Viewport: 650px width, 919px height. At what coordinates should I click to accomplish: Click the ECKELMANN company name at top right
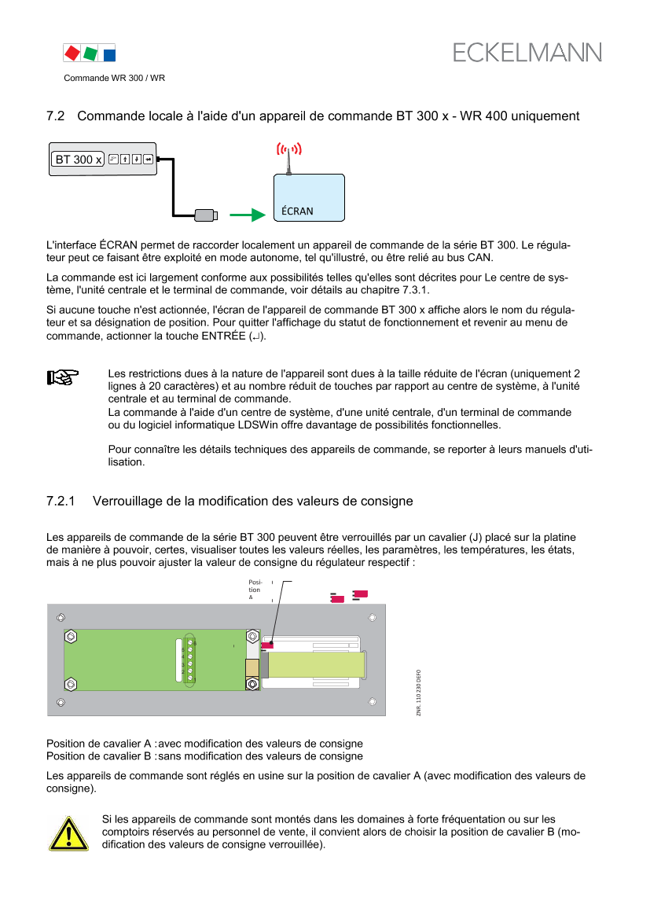527,53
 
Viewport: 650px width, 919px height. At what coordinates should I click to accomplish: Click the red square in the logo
72,53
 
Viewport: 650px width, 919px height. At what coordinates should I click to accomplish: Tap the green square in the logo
90,53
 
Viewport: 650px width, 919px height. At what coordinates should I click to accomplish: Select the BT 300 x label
78,160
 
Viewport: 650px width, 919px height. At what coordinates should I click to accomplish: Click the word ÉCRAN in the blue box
298,211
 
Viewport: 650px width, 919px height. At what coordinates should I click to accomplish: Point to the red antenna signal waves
288,149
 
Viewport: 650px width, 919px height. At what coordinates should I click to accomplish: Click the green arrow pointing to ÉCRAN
248,215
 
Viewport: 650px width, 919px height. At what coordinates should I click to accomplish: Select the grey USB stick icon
206,215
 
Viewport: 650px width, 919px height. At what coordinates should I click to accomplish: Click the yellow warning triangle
68,834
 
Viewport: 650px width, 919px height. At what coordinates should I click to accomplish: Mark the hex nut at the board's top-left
71,636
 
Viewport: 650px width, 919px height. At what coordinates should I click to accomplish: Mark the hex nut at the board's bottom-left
71,684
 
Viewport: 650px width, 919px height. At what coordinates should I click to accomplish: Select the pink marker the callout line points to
267,645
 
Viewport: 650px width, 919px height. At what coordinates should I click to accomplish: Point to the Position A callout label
255,590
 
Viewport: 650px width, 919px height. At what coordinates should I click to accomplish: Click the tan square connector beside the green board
252,667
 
